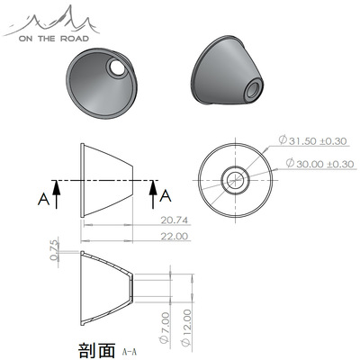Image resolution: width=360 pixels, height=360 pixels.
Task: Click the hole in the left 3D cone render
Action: [117, 68]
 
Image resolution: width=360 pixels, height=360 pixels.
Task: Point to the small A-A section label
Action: [130, 348]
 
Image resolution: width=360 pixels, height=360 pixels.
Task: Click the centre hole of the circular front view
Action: [237, 178]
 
